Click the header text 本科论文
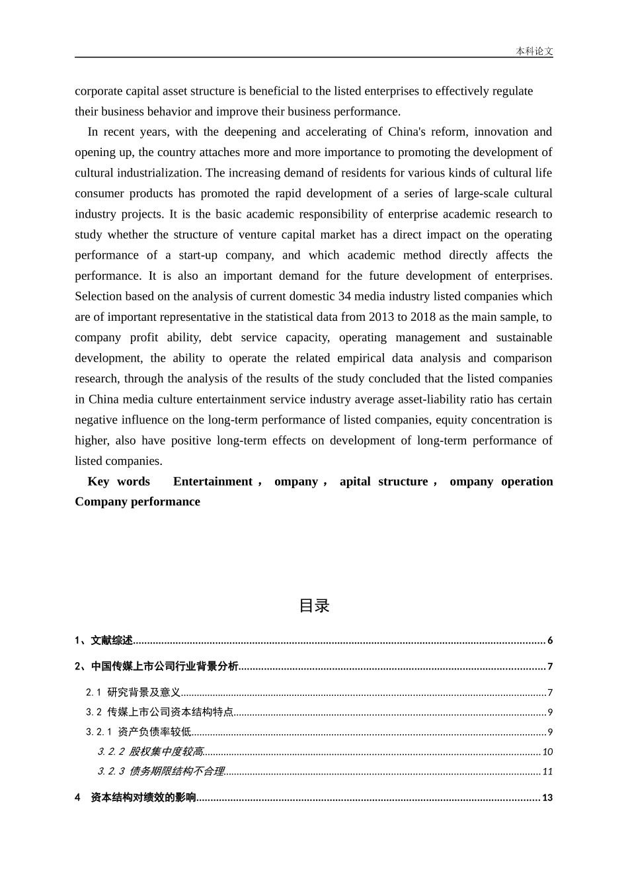point(534,51)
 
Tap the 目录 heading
point(314,605)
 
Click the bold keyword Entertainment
point(212,482)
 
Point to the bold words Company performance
point(137,502)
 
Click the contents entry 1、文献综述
point(104,640)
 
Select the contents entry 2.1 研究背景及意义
point(133,693)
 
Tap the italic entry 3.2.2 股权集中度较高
point(150,751)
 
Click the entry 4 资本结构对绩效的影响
point(136,798)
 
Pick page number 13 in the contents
point(547,798)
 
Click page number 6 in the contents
point(550,640)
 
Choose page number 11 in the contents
point(547,771)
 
